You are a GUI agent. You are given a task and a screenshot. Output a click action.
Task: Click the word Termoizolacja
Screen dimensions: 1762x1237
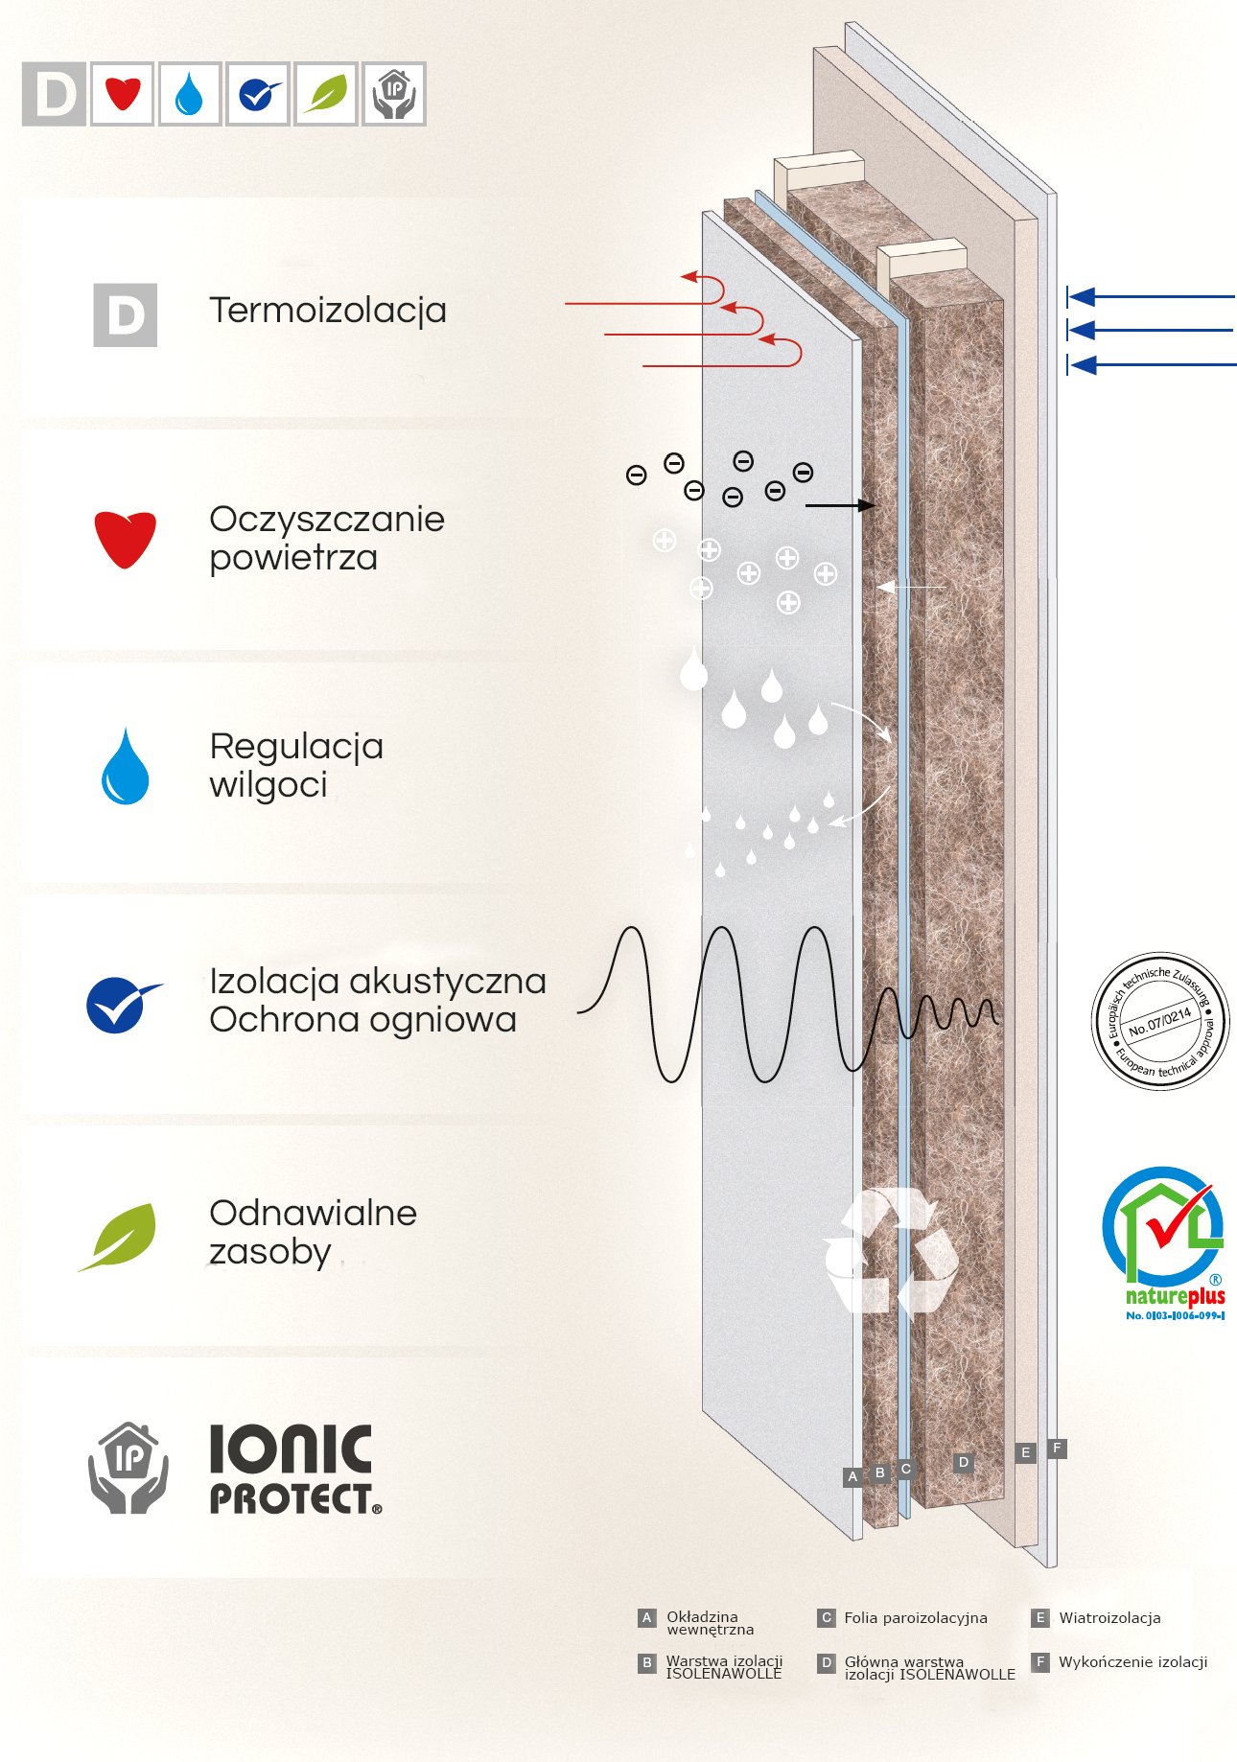click(x=327, y=311)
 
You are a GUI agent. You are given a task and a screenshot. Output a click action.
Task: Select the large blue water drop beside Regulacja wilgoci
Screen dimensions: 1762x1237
click(x=126, y=768)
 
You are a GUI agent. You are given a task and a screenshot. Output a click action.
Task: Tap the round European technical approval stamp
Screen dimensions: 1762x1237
click(x=1160, y=1021)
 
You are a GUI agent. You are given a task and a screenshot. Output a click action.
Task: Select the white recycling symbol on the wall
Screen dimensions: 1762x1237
click(x=889, y=1251)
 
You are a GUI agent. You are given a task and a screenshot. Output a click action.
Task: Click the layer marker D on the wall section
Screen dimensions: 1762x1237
click(x=964, y=1462)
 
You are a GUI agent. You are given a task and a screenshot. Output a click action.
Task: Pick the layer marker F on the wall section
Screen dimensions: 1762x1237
click(x=1057, y=1448)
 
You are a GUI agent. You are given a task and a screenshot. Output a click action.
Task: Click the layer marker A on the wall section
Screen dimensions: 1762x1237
click(x=852, y=1476)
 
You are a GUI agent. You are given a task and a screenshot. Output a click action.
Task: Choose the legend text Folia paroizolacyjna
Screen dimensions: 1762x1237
click(x=915, y=1618)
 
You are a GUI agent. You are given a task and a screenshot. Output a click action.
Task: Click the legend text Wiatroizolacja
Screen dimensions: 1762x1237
click(x=1109, y=1618)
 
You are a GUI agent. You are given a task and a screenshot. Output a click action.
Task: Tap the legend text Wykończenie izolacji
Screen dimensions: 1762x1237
click(x=1132, y=1662)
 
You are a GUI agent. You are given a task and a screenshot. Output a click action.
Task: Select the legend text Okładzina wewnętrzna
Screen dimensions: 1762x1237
click(x=709, y=1623)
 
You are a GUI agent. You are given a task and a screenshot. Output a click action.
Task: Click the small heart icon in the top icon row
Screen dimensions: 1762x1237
click(x=123, y=94)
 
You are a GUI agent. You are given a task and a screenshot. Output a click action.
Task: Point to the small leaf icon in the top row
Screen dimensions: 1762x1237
click(x=326, y=94)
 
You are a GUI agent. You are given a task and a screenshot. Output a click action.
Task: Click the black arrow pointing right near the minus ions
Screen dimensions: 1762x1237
click(x=839, y=505)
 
